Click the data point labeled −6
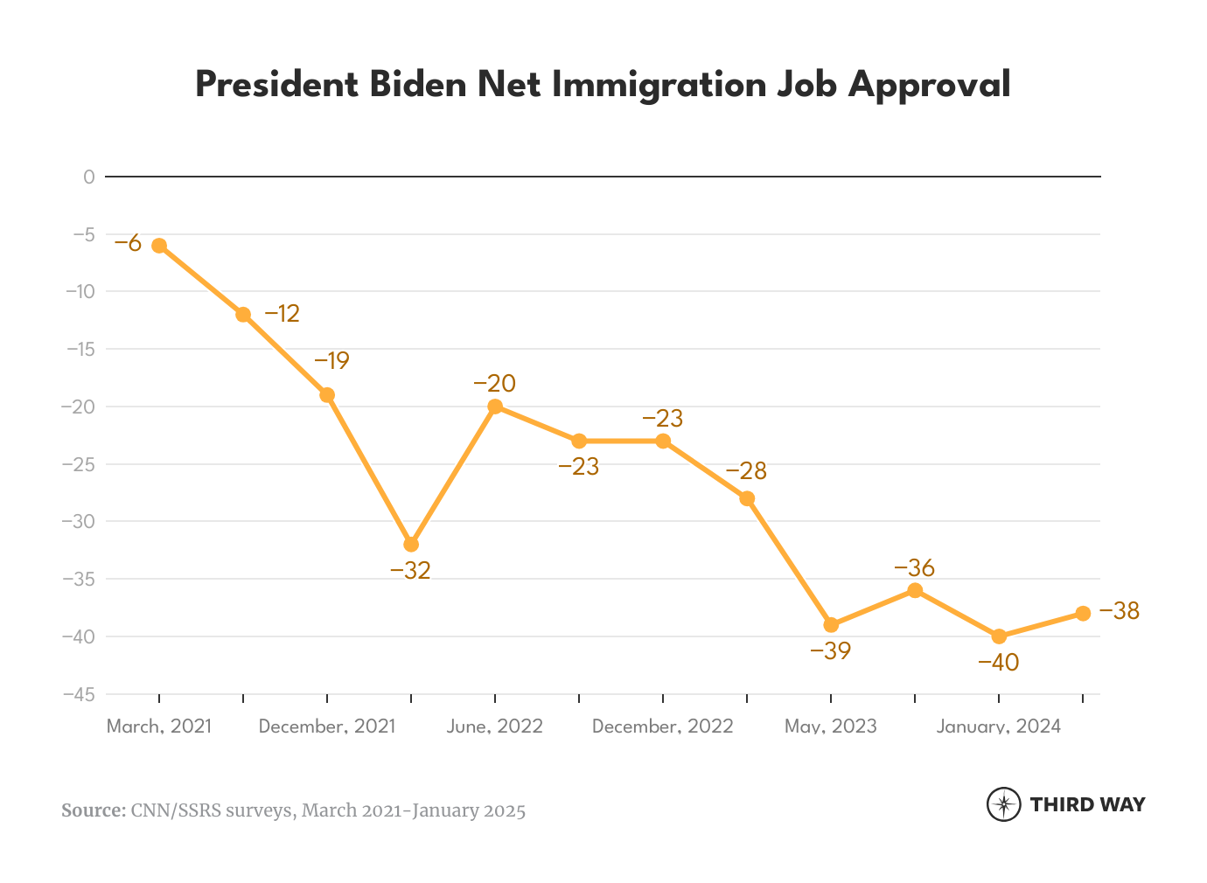[x=159, y=246]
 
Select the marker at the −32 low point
[x=411, y=545]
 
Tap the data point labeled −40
[x=999, y=636]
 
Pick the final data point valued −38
[x=1083, y=614]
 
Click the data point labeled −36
[x=915, y=590]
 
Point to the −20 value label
[x=494, y=384]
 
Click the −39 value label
[x=830, y=651]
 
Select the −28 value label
[x=746, y=472]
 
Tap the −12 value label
[x=282, y=314]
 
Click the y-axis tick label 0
[x=88, y=177]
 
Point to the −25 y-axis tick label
[x=78, y=464]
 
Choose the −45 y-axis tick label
[x=78, y=694]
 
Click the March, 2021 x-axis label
[x=159, y=727]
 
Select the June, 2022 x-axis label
[x=494, y=727]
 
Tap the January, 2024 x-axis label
[x=998, y=727]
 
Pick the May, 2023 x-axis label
[x=830, y=727]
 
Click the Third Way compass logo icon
[x=1003, y=804]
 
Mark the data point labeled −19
[x=327, y=395]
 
